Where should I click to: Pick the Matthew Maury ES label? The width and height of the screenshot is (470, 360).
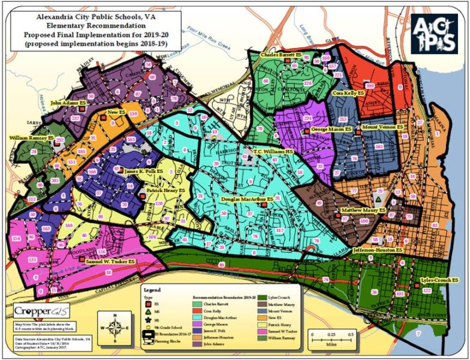pyautogui.click(x=361, y=210)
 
